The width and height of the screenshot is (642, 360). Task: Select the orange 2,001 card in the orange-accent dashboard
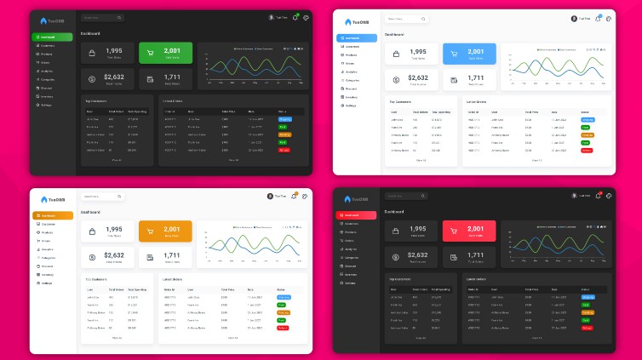(x=166, y=231)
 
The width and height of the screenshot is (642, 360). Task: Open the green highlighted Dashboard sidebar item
(x=52, y=37)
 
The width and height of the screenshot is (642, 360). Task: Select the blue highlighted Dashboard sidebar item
(x=356, y=38)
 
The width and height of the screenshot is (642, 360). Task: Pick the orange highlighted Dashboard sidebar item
(x=52, y=215)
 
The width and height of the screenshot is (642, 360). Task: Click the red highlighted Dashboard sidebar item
(x=356, y=215)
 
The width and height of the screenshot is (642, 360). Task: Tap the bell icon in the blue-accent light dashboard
(x=599, y=18)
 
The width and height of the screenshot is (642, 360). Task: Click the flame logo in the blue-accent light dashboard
(x=347, y=22)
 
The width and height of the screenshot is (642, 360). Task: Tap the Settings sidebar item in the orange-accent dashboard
(x=48, y=283)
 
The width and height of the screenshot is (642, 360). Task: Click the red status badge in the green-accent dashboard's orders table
(x=284, y=150)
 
